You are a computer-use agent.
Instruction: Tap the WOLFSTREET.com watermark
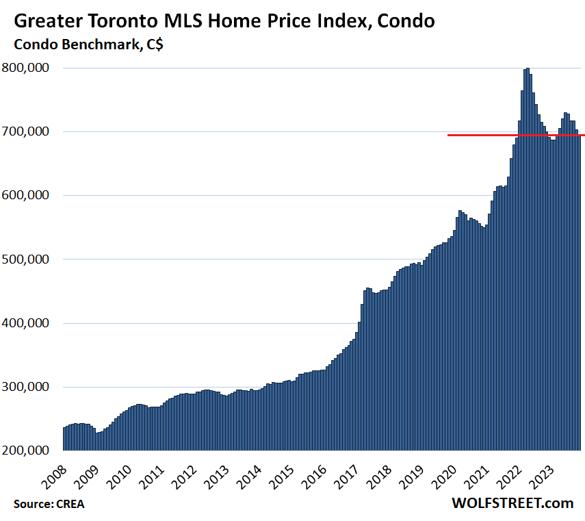click(512, 503)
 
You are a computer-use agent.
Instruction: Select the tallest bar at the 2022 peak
click(527, 260)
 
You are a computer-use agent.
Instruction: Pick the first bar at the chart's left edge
click(64, 438)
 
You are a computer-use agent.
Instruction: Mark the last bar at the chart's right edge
click(579, 294)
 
